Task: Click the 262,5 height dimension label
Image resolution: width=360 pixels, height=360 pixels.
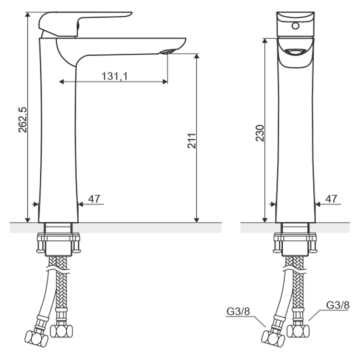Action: click(23, 120)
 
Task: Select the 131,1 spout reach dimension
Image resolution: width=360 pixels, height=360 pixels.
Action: click(114, 76)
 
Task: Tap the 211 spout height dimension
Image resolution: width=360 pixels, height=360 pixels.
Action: click(192, 141)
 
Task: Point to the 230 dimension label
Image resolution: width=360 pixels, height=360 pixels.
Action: click(260, 133)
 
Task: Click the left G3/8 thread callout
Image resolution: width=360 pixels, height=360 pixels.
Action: click(238, 312)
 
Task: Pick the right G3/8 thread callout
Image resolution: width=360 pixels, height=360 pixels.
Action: click(338, 305)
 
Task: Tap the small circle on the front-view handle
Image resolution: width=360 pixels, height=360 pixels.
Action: click(296, 25)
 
